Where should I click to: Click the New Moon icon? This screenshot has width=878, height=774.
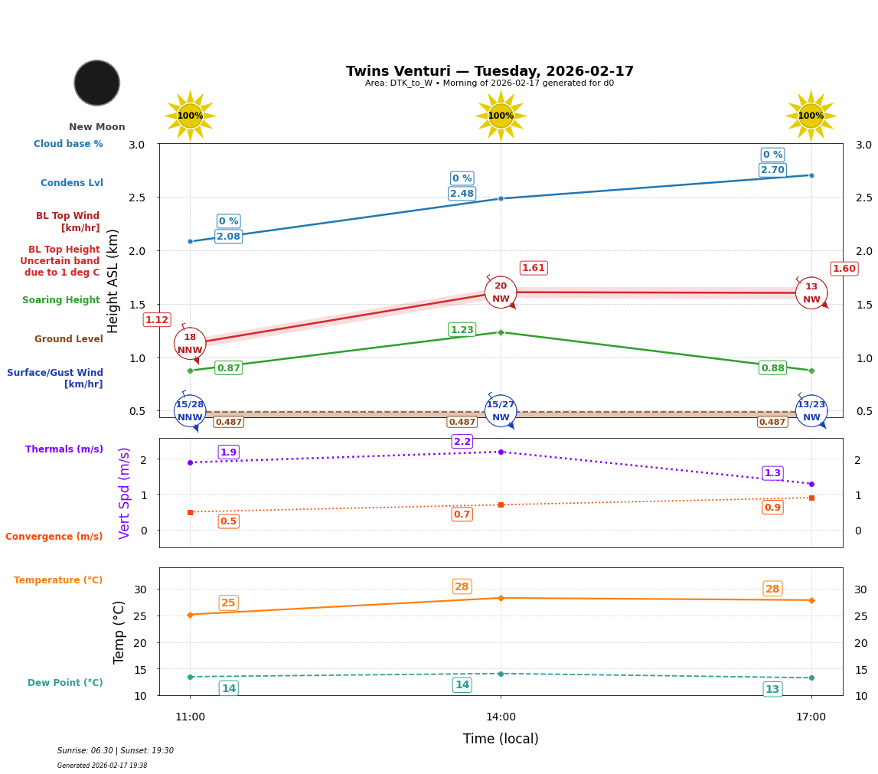pos(97,83)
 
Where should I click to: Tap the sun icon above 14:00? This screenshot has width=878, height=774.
pos(501,116)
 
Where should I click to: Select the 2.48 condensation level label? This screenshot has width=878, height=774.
pos(462,194)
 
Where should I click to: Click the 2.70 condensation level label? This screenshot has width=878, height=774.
pos(772,170)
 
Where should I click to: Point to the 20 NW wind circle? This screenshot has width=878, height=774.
pos(501,292)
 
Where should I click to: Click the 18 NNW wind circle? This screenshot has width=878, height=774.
pos(190,344)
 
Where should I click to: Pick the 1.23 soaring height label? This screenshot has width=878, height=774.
pos(462,330)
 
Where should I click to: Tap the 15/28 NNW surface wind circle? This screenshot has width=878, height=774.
pos(190,411)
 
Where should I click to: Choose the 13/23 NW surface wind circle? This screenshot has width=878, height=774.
pos(811,411)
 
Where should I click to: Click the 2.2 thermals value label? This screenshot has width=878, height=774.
pos(462,442)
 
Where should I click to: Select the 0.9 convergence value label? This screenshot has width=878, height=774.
pos(772,508)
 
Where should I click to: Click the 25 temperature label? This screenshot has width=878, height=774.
pos(228,603)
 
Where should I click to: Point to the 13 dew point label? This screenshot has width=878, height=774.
pos(772,690)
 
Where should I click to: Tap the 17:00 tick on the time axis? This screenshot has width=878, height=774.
pos(811,717)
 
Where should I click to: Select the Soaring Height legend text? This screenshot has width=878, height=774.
pos(61,301)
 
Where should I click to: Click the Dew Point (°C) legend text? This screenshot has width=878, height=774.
pos(65,683)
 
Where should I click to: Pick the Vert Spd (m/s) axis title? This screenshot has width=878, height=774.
pos(125,493)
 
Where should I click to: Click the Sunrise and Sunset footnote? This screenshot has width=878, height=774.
pos(116,751)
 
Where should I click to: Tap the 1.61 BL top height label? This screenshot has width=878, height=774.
pos(534,268)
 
